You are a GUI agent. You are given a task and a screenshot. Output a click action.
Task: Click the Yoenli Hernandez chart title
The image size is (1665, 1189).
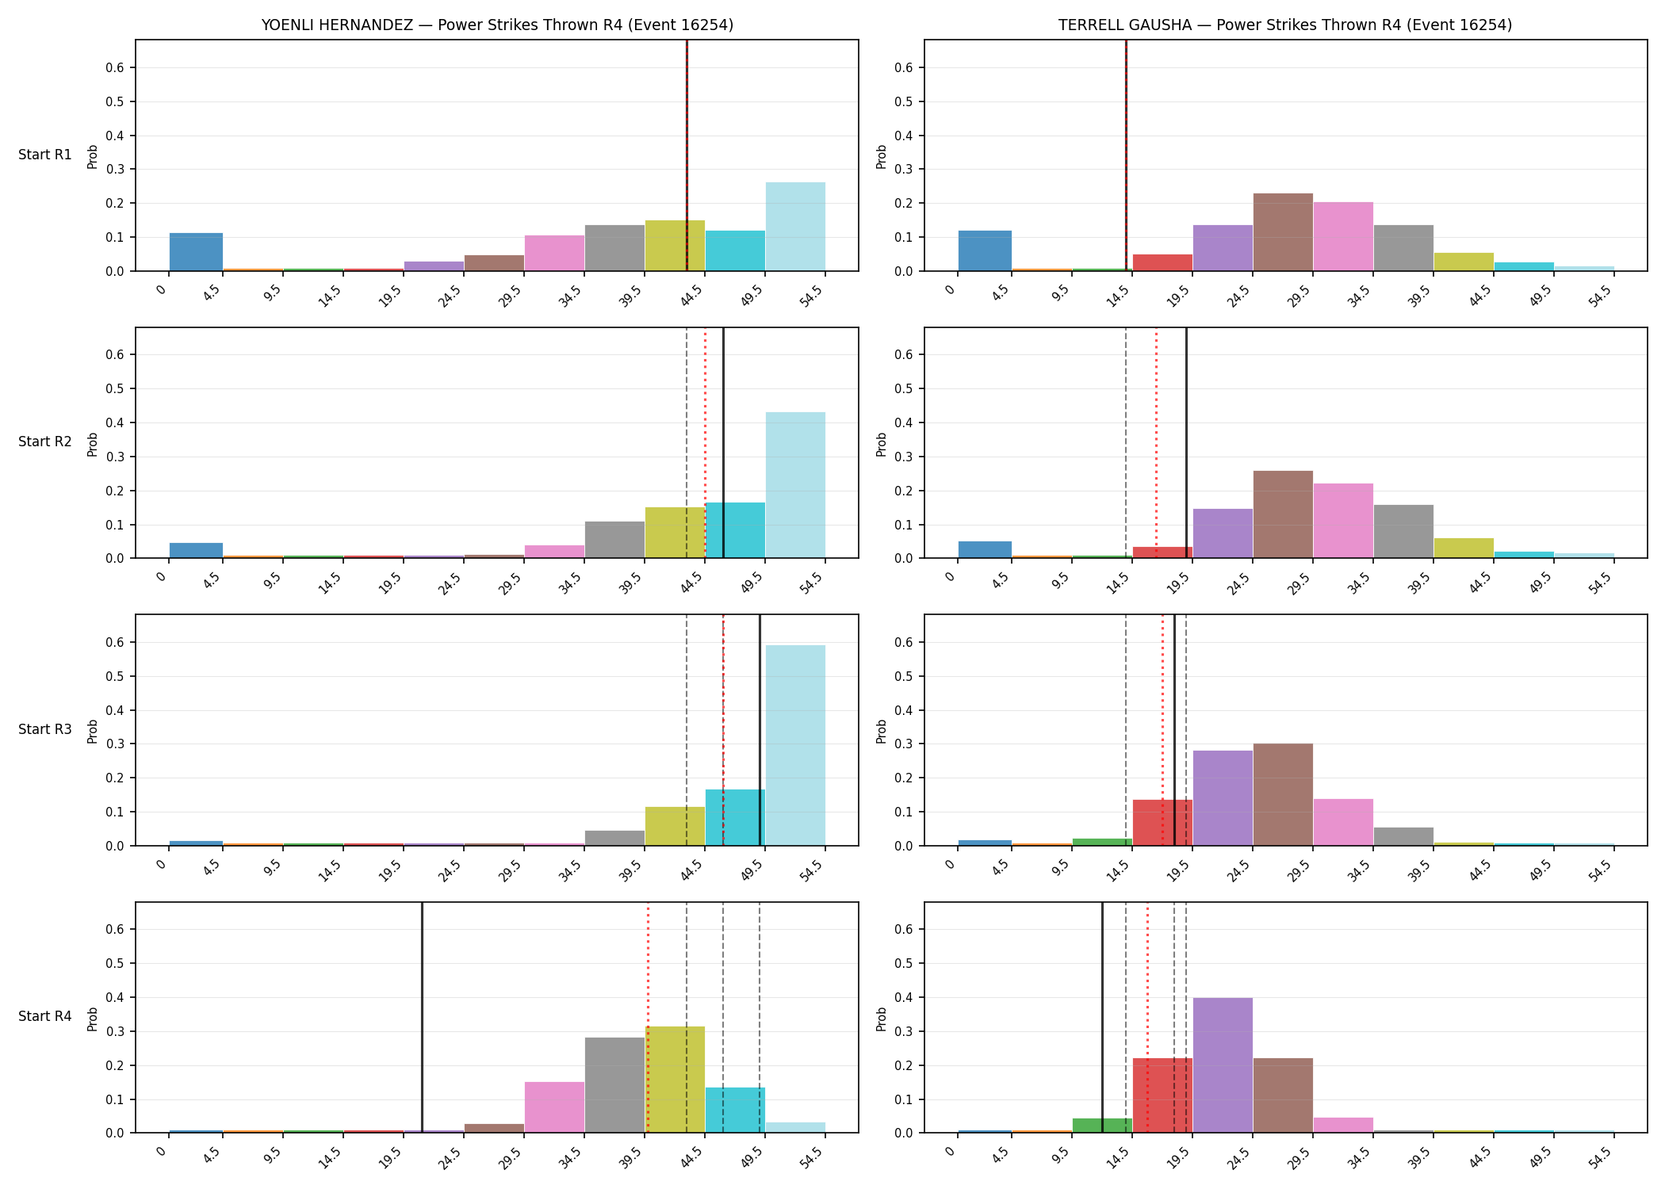pos(497,25)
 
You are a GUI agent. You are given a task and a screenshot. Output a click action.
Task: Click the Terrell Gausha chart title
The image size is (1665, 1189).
pos(1285,25)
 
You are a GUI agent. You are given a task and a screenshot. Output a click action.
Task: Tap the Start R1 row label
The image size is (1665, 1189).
pos(45,155)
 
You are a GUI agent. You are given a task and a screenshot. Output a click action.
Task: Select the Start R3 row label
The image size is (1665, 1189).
pos(45,729)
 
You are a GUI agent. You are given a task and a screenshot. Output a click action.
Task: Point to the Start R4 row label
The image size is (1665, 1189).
pos(45,1016)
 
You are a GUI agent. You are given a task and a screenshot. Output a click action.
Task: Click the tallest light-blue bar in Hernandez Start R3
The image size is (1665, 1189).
pos(795,745)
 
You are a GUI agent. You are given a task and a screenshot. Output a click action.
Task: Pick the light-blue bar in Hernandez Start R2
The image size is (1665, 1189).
pos(795,485)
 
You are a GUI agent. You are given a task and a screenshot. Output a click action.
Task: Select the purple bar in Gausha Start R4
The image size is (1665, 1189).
pos(1223,1065)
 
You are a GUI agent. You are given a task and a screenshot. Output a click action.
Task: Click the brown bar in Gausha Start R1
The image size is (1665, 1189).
pos(1283,232)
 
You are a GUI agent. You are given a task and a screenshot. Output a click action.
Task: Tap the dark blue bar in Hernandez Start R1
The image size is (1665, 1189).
pos(196,252)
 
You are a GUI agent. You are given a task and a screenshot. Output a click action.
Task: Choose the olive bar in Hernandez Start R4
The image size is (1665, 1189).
pos(675,1080)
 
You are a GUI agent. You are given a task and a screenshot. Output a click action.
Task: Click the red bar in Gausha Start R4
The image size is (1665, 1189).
pos(1162,1095)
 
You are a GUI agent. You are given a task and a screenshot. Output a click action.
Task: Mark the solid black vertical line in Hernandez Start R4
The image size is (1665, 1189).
pos(422,1018)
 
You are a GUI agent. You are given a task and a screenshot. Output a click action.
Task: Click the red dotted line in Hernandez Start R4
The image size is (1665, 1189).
pos(648,1018)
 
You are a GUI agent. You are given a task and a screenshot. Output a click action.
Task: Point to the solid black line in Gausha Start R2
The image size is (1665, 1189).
pos(1186,443)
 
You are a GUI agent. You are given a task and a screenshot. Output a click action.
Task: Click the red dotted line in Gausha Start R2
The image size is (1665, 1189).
pos(1156,443)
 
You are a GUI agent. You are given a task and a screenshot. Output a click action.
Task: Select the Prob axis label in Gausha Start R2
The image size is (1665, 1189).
pos(882,444)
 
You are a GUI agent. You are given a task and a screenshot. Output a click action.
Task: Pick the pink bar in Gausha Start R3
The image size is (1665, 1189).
pos(1343,823)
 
